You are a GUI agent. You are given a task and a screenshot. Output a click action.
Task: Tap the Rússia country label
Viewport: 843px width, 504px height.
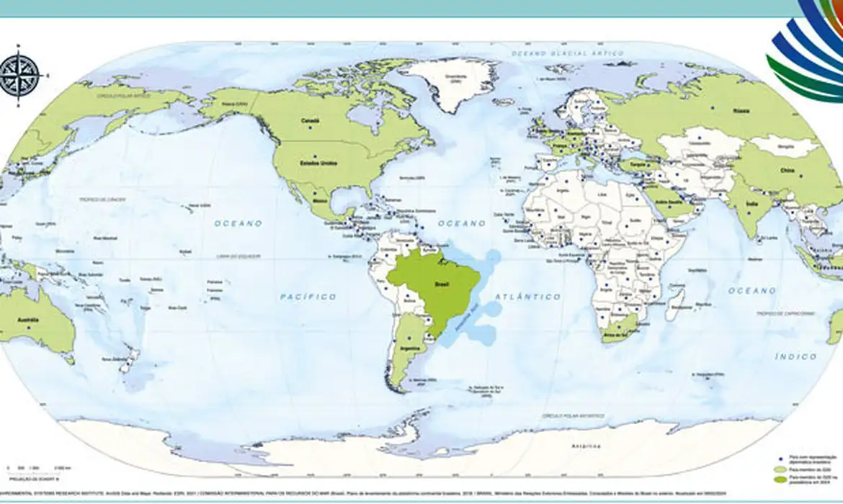pos(741,111)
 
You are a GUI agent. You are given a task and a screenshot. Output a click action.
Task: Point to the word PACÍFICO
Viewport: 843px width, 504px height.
pos(308,296)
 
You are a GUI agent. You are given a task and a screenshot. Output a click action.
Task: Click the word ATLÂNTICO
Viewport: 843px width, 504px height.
pos(527,296)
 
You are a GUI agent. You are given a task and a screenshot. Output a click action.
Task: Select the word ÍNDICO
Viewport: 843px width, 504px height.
pos(796,356)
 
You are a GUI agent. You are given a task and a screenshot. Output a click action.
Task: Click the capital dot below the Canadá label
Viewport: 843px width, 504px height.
pos(311,127)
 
